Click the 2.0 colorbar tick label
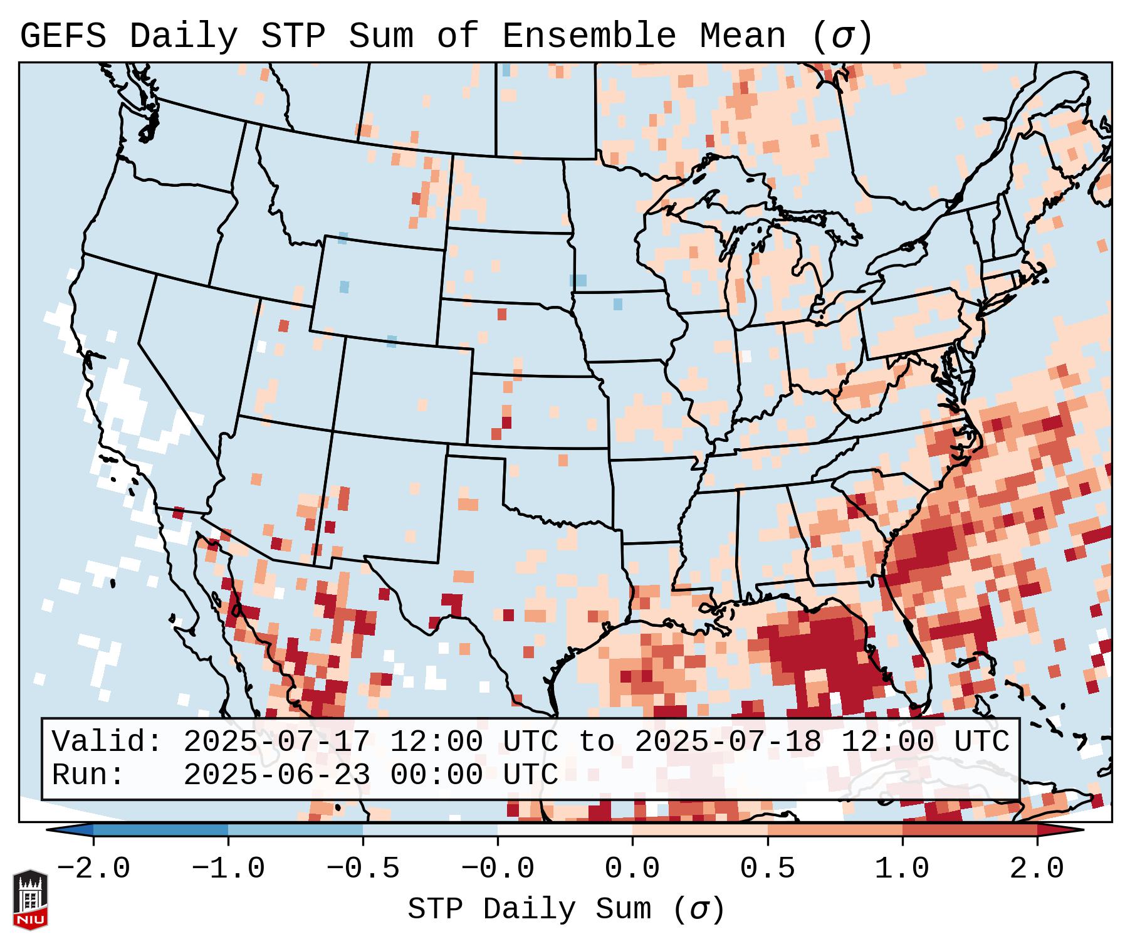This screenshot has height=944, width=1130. pyautogui.click(x=1037, y=869)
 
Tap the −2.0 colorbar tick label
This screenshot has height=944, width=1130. pyautogui.click(x=93, y=869)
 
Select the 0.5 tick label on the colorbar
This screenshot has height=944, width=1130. pyautogui.click(x=767, y=869)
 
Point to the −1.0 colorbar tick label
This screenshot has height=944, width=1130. pyautogui.click(x=228, y=869)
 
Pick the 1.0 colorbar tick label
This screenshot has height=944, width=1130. pyautogui.click(x=902, y=869)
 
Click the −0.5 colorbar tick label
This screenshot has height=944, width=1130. pyautogui.click(x=363, y=869)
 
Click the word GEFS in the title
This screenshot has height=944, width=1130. pyautogui.click(x=63, y=36)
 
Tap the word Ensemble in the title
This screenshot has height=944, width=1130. pyautogui.click(x=589, y=36)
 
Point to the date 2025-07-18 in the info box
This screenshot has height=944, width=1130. pyautogui.click(x=728, y=742)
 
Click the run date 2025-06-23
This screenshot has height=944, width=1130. pyautogui.click(x=276, y=775)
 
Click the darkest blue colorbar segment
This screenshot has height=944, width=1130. pyautogui.click(x=160, y=830)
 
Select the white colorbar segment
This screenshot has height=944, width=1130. pyautogui.click(x=565, y=830)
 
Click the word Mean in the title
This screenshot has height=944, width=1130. pyautogui.click(x=743, y=36)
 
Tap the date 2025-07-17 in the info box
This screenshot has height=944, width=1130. pyautogui.click(x=276, y=742)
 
